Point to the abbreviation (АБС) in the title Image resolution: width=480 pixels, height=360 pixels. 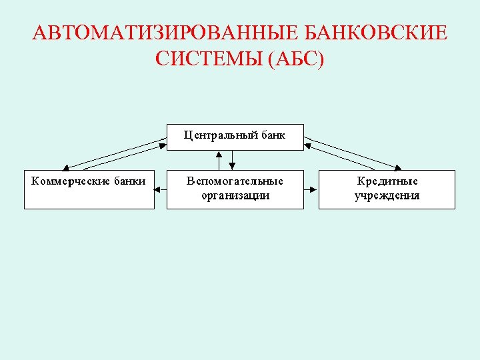pyautogui.click(x=295, y=60)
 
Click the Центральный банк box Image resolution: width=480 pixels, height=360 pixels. pyautogui.click(x=235, y=137)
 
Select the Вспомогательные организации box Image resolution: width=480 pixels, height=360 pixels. pyautogui.click(x=235, y=189)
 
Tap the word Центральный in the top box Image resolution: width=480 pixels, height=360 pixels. pyautogui.click(x=217, y=135)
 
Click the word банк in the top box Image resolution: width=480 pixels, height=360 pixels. pyautogui.click(x=273, y=135)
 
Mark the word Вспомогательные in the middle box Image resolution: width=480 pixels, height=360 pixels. pyautogui.click(x=235, y=181)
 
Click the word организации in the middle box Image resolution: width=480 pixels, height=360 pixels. pyautogui.click(x=235, y=195)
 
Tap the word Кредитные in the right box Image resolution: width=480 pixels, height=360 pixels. pyautogui.click(x=387, y=181)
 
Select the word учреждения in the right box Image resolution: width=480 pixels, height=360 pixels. pyautogui.click(x=387, y=195)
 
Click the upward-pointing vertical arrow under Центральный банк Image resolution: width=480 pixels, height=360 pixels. pyautogui.click(x=219, y=159)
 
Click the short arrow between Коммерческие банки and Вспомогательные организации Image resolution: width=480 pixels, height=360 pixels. pyautogui.click(x=161, y=189)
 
